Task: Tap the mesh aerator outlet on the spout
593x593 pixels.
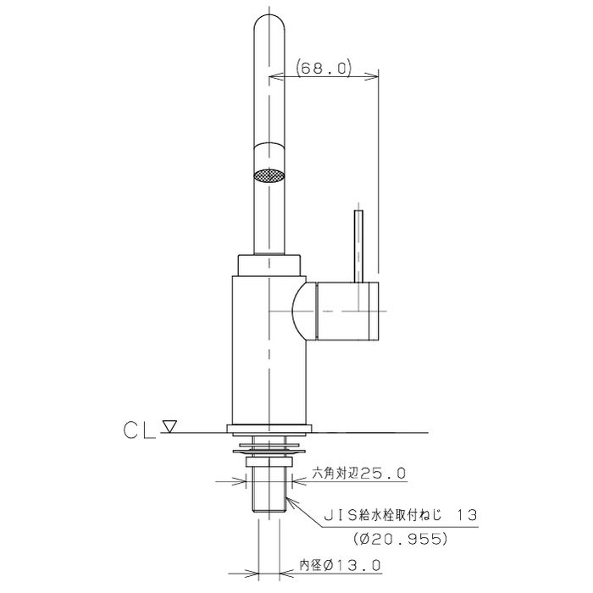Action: click(269, 176)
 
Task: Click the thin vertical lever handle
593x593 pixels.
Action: click(358, 247)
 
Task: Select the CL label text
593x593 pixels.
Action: click(140, 430)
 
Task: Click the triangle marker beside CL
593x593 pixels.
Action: click(169, 427)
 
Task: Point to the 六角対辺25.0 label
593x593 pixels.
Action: click(359, 473)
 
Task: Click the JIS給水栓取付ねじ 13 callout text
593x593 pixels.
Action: click(402, 515)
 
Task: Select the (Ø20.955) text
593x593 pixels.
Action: click(400, 539)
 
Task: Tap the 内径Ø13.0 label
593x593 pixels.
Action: click(340, 566)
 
